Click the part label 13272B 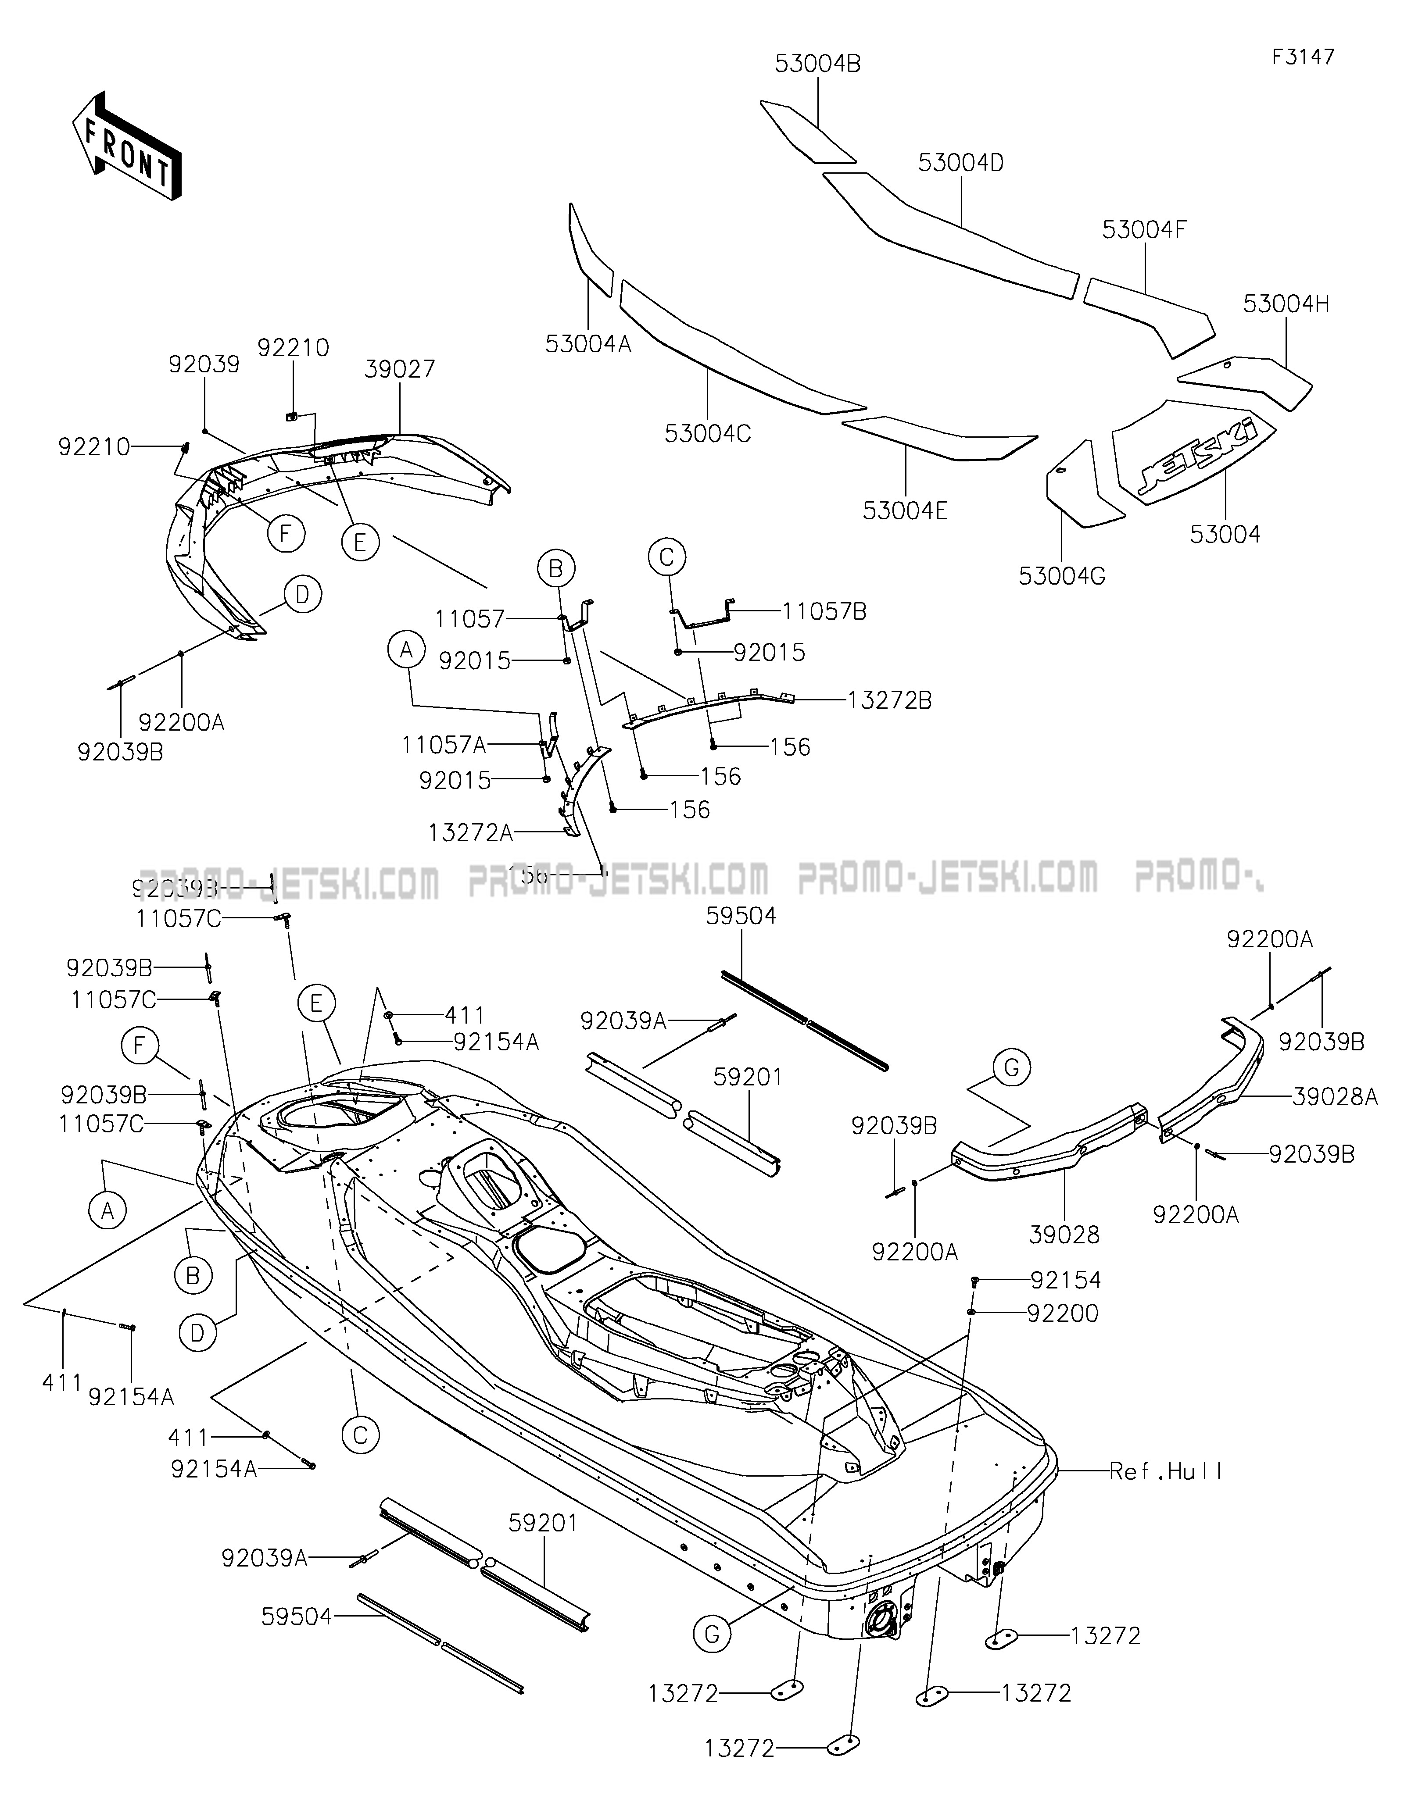click(889, 701)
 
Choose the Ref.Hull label click(1166, 1472)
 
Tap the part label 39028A click(1334, 1097)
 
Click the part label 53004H click(1285, 305)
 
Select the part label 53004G click(1062, 575)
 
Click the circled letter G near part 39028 click(1011, 1067)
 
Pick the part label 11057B click(824, 612)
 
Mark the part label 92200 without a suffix click(1063, 1313)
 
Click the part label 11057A click(444, 745)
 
